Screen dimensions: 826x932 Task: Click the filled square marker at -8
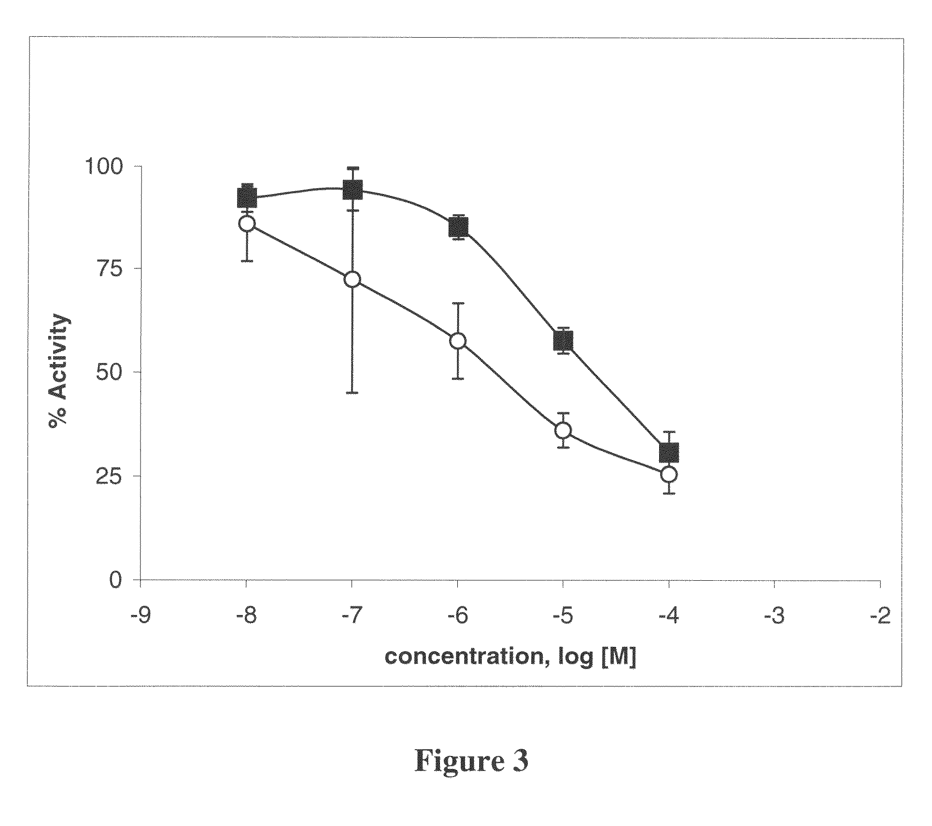247,197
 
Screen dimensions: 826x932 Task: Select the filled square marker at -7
353,189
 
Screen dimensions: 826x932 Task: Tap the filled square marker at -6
458,227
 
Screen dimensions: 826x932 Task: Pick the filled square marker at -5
563,341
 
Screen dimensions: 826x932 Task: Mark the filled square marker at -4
669,452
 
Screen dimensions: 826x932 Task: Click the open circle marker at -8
247,224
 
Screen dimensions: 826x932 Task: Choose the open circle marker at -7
353,279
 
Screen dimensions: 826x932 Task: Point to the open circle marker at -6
458,341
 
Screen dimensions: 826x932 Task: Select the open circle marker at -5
563,430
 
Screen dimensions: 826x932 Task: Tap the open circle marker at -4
669,474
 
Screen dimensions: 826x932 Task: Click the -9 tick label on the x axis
141,617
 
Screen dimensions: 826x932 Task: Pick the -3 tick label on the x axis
774,617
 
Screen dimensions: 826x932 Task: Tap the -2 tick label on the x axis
879,617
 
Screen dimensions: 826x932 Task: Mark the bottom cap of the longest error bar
353,393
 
